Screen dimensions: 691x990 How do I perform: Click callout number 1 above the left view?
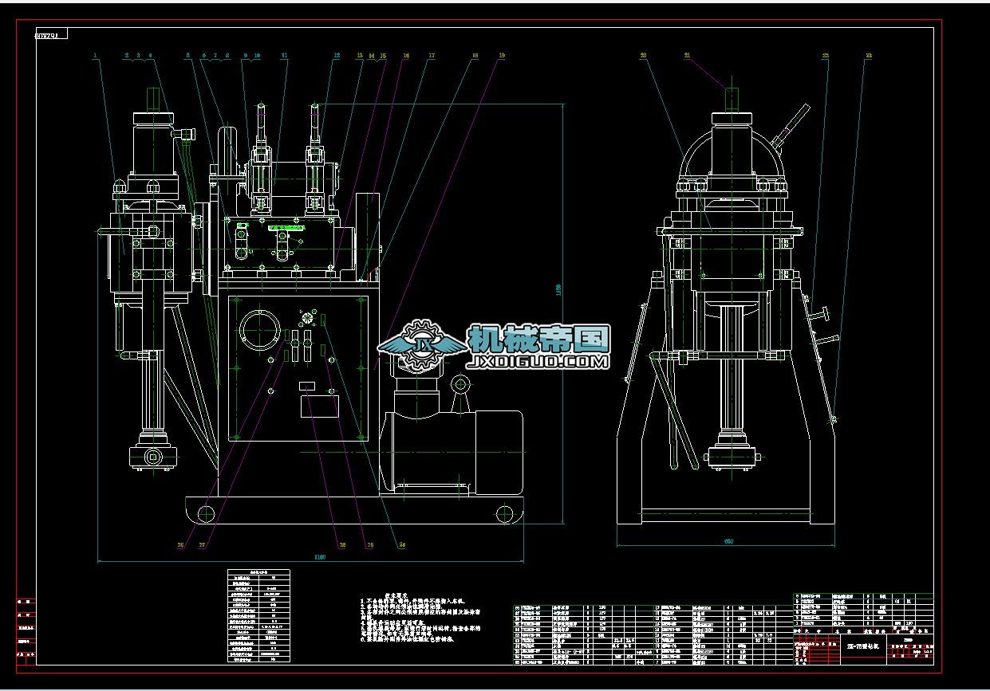pyautogui.click(x=95, y=56)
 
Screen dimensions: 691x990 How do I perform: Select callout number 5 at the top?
pyautogui.click(x=188, y=56)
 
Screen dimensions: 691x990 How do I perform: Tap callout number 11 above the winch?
pyautogui.click(x=284, y=56)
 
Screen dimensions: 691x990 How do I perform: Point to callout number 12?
pyautogui.click(x=337, y=56)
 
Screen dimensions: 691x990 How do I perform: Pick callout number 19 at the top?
pyautogui.click(x=502, y=56)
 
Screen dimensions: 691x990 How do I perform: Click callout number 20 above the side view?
pyautogui.click(x=643, y=56)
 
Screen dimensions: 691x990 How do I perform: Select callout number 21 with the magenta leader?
pyautogui.click(x=687, y=56)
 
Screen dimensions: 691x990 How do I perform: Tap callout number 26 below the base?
pyautogui.click(x=180, y=546)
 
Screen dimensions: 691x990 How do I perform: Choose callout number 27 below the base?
pyautogui.click(x=203, y=546)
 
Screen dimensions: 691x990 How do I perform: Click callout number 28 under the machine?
pyautogui.click(x=341, y=546)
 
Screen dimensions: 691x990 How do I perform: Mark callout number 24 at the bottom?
pyautogui.click(x=402, y=546)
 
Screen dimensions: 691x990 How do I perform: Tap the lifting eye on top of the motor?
pyautogui.click(x=460, y=386)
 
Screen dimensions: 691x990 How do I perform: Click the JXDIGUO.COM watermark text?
pyautogui.click(x=538, y=362)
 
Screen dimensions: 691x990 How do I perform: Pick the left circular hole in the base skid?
pyautogui.click(x=204, y=512)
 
